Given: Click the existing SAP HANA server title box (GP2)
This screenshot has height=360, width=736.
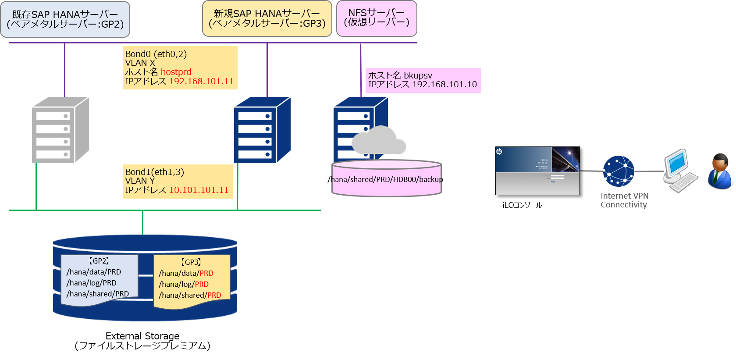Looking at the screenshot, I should click(x=65, y=19).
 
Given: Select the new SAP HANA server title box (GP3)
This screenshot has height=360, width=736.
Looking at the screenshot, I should click(x=267, y=19).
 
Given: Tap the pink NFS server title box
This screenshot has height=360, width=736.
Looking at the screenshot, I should click(x=376, y=18).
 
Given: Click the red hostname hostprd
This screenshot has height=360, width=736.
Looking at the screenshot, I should click(x=176, y=72).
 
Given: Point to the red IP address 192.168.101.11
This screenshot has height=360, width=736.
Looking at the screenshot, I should click(x=201, y=81).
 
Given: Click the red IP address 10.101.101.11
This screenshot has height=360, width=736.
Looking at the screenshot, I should click(x=199, y=190).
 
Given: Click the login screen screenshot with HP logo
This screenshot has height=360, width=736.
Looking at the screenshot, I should click(x=537, y=171).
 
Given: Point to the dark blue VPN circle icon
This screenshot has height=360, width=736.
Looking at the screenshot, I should click(x=619, y=171).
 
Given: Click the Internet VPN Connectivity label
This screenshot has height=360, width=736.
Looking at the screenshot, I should click(x=624, y=200).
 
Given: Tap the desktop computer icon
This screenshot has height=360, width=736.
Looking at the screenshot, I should click(x=679, y=171).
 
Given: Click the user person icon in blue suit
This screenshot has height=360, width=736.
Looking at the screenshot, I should click(x=721, y=171).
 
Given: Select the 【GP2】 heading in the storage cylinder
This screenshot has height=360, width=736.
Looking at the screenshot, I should click(x=99, y=261).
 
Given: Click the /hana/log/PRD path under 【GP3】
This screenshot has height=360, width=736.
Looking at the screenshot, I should click(x=184, y=284).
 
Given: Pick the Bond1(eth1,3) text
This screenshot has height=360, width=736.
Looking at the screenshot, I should click(x=154, y=172).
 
